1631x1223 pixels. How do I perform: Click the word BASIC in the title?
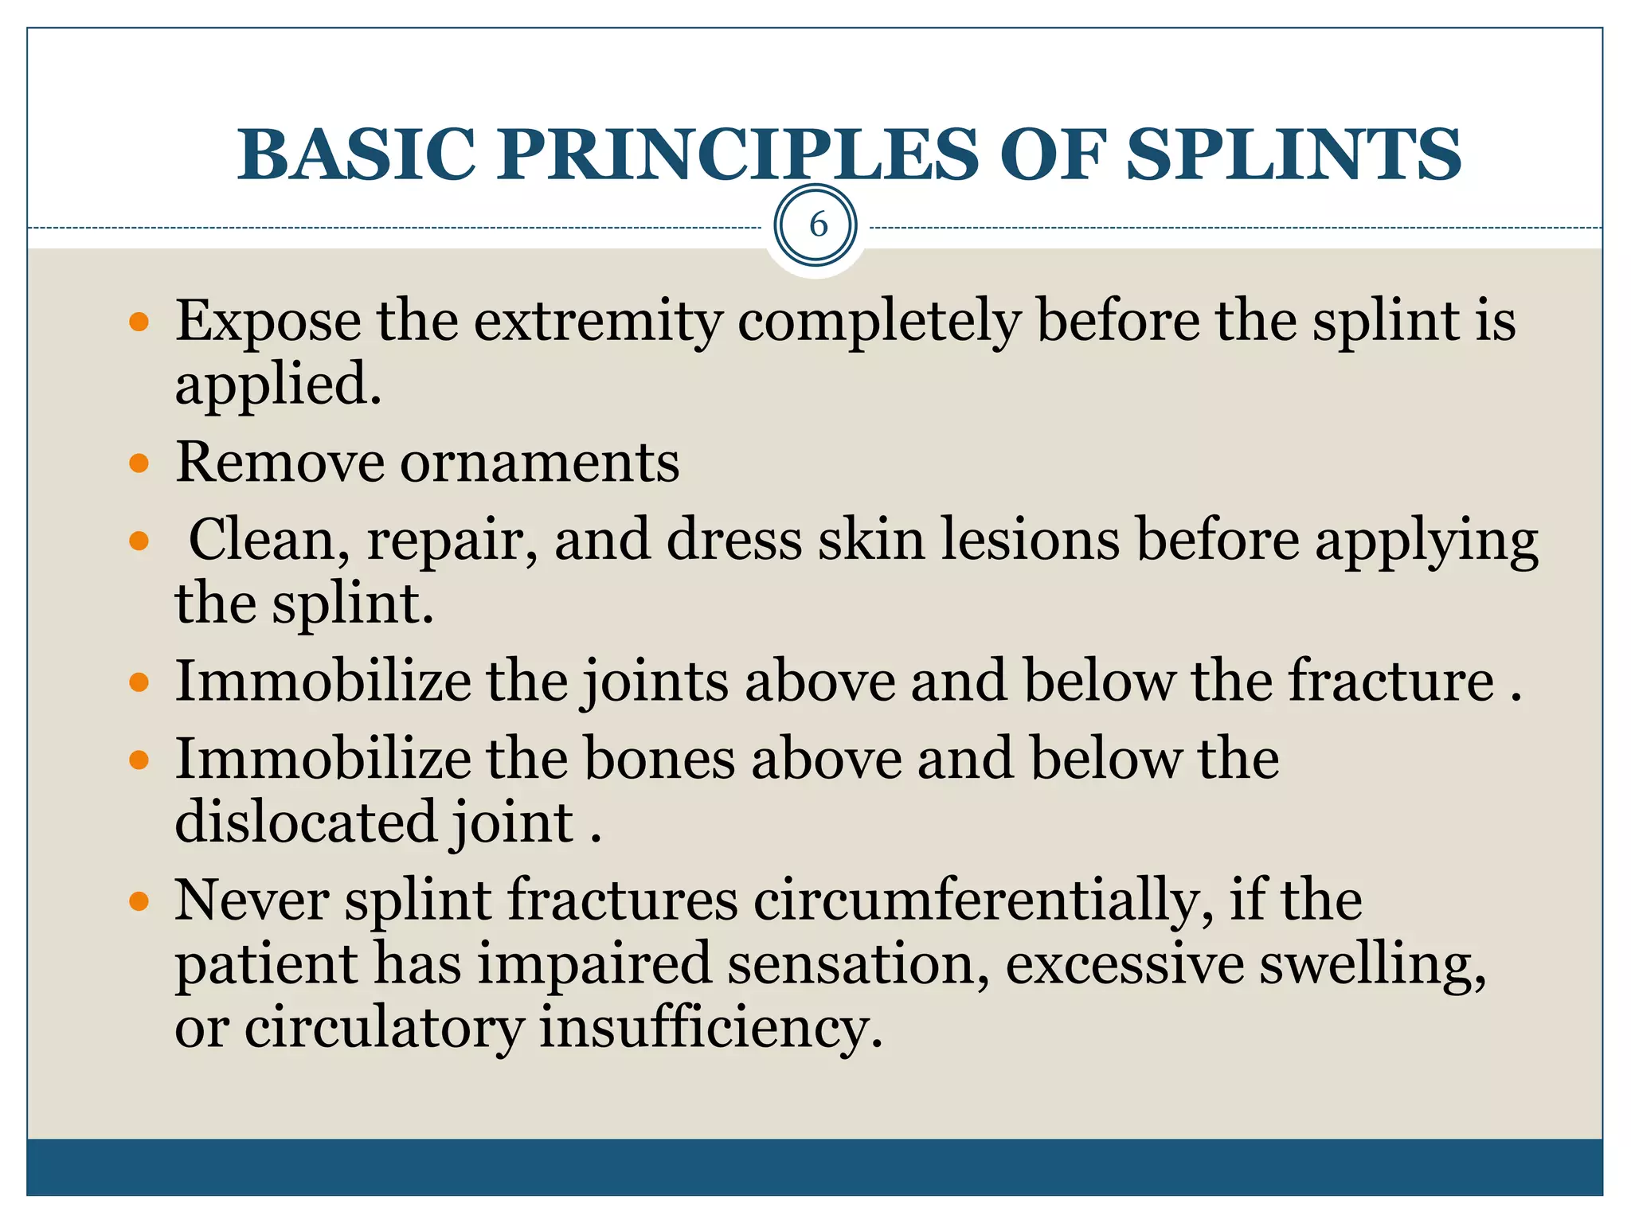click(x=356, y=154)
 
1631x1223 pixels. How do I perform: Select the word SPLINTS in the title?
click(x=1293, y=154)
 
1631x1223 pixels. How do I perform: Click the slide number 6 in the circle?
click(x=817, y=225)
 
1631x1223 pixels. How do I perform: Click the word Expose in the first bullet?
click(x=268, y=322)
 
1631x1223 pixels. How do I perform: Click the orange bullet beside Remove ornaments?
click(x=139, y=463)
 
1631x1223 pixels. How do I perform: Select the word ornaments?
click(x=539, y=463)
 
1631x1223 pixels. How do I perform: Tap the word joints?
click(x=654, y=682)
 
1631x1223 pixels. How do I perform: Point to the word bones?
click(x=659, y=759)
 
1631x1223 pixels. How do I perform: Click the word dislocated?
click(x=306, y=822)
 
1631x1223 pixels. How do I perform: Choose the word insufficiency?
click(x=711, y=1028)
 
